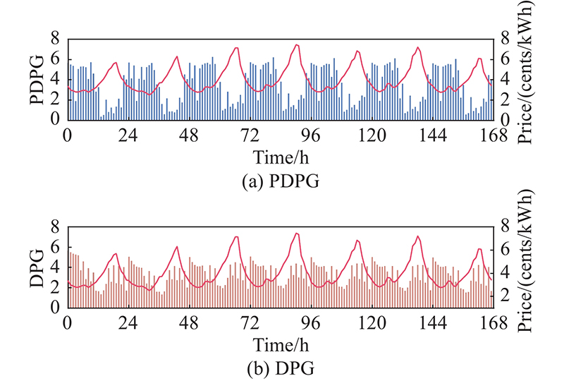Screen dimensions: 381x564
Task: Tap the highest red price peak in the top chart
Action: coord(297,45)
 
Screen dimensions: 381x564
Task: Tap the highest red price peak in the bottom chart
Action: coord(297,233)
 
